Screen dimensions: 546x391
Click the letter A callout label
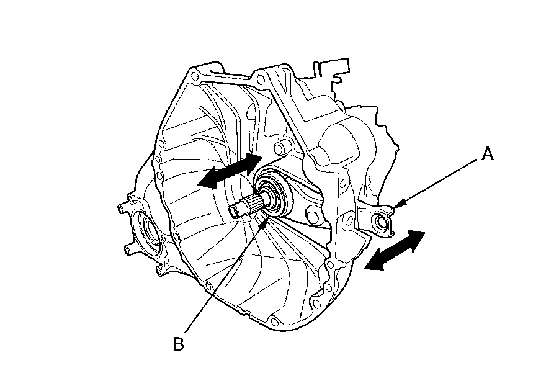pos(488,155)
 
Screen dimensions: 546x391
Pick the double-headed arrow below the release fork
pos(395,250)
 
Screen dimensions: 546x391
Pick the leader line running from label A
pos(441,179)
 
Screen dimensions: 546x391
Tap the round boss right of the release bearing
pos(312,215)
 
